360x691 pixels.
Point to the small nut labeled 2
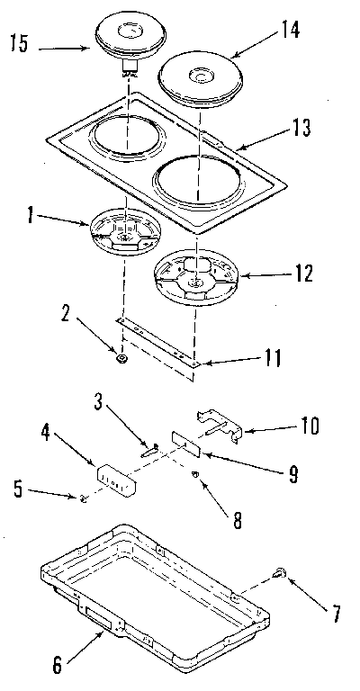[x=121, y=358]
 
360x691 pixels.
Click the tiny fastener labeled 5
[x=83, y=499]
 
